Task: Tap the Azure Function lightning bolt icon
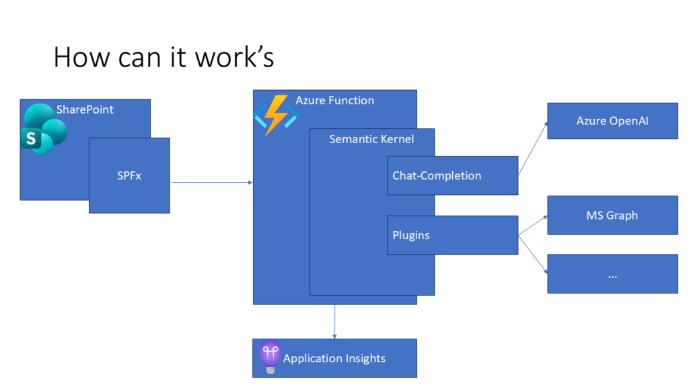coord(275,115)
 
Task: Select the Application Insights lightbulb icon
coord(270,357)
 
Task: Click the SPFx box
coord(129,176)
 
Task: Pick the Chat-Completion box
coord(452,175)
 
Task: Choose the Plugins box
coord(452,235)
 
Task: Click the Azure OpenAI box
coord(612,121)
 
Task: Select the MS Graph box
coord(612,216)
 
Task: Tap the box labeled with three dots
coord(612,274)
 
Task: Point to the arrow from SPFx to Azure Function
coord(211,182)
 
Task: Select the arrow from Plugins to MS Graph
coord(532,226)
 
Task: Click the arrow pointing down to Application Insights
coord(334,321)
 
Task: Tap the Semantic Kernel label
coord(371,139)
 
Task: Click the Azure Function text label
coord(334,101)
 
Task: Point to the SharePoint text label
coord(85,110)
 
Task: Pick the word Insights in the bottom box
coord(361,359)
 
